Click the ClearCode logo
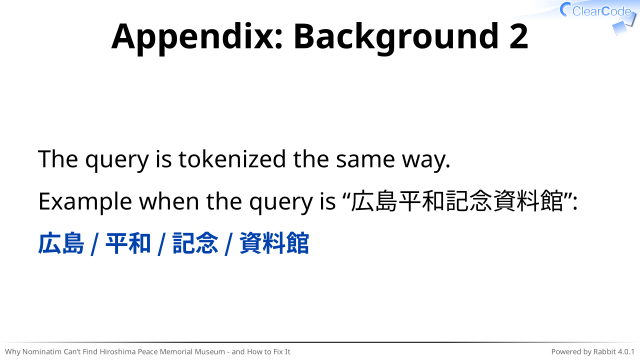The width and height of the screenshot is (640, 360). coord(597,16)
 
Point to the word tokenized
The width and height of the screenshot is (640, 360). coord(232,159)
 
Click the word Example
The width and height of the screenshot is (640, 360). coord(85,202)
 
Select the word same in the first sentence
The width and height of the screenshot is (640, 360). coord(365,159)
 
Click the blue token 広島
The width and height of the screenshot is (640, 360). coord(61,243)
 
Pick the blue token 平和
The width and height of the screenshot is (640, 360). coord(128,243)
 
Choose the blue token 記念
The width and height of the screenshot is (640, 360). coord(195,243)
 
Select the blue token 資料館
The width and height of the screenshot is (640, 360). coord(274,243)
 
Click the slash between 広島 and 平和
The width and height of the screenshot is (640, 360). coord(95,244)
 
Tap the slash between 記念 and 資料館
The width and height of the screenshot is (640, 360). coord(229,244)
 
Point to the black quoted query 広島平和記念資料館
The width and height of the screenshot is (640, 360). coord(457,202)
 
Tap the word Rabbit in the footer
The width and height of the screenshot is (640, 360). coord(604,351)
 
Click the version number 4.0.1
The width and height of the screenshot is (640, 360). coord(626,351)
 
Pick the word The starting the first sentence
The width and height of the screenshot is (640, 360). coord(58,159)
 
